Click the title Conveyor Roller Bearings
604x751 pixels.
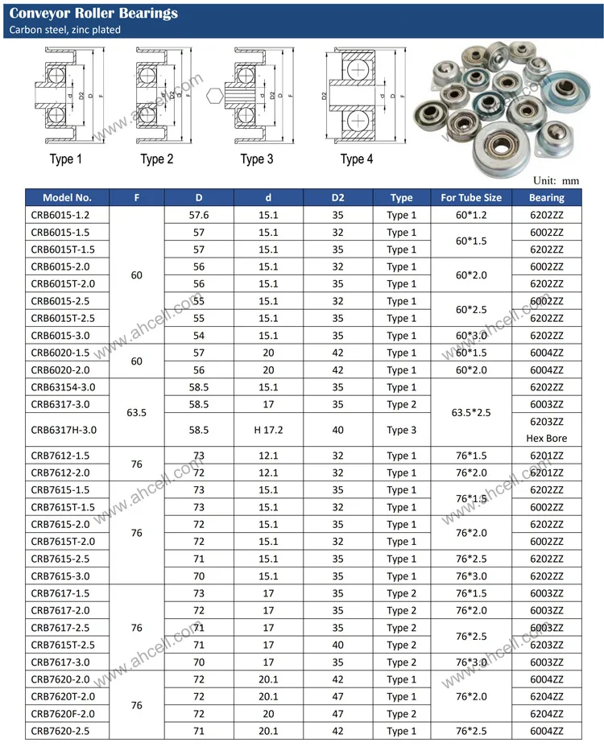click(x=93, y=14)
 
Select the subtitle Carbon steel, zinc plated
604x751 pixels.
click(x=64, y=30)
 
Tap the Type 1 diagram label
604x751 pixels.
click(x=66, y=159)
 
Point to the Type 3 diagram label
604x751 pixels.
click(x=257, y=159)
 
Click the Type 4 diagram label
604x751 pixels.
click(x=357, y=159)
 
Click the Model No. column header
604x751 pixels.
click(x=67, y=197)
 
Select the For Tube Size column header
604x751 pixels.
click(x=471, y=197)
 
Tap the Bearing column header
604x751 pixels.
click(x=547, y=197)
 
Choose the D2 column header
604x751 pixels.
click(x=337, y=197)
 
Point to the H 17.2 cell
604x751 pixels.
click(x=268, y=430)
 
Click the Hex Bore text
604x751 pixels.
click(x=547, y=439)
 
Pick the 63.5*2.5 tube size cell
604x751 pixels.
click(x=471, y=413)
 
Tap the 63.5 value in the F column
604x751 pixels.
click(x=136, y=413)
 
